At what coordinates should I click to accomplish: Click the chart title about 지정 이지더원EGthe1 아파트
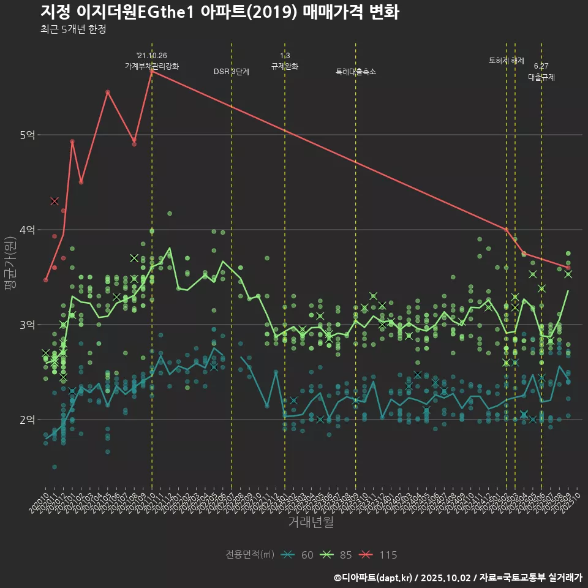pyautogui.click(x=220, y=12)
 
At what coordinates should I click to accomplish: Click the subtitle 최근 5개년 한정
pyautogui.click(x=73, y=29)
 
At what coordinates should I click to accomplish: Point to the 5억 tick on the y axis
pyautogui.click(x=26, y=135)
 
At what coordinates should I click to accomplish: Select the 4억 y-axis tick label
pyautogui.click(x=26, y=230)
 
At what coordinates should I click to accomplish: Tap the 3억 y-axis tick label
pyautogui.click(x=26, y=325)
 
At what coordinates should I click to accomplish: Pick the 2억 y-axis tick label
pyautogui.click(x=26, y=420)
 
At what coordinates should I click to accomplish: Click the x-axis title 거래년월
pyautogui.click(x=311, y=522)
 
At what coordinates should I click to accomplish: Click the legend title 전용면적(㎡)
pyautogui.click(x=250, y=555)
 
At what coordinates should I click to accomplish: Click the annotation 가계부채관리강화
pyautogui.click(x=152, y=66)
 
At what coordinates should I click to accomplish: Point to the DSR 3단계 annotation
pyautogui.click(x=232, y=72)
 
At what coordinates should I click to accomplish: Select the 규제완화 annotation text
pyautogui.click(x=285, y=66)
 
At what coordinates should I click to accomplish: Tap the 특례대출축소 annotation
pyautogui.click(x=356, y=72)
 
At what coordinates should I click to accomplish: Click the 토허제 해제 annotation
pyautogui.click(x=507, y=61)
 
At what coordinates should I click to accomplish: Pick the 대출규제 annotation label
pyautogui.click(x=541, y=77)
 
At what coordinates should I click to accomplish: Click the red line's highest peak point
pyautogui.click(x=151, y=71)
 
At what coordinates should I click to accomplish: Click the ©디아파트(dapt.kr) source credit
pyautogui.click(x=374, y=577)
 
